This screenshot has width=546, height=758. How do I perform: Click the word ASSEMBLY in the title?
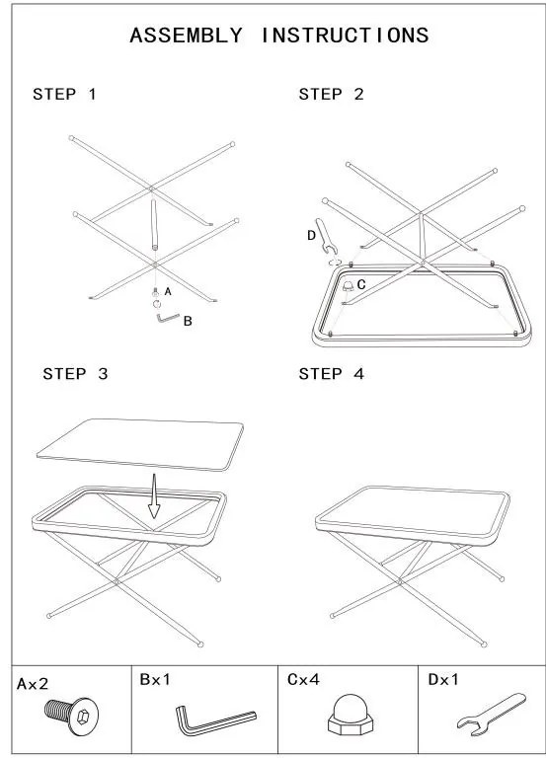186,36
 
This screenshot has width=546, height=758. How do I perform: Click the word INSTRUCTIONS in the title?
345,36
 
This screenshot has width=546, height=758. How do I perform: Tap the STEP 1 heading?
64,94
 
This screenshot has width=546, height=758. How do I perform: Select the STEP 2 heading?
331,94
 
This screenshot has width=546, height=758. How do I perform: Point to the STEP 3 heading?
75,374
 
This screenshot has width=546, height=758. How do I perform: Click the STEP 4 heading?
331,374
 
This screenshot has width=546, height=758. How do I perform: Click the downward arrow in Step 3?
154,496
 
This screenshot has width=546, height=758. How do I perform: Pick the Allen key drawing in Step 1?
167,319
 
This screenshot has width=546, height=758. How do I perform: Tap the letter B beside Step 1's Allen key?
188,321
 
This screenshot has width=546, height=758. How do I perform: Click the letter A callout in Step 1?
168,291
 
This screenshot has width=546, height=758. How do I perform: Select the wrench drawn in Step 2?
327,237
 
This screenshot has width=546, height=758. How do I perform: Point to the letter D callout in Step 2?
311,236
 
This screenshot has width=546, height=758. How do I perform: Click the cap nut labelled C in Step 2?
348,285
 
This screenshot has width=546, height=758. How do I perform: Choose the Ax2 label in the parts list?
33,684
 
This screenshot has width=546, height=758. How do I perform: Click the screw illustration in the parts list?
71,716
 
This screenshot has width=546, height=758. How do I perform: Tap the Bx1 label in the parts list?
155,680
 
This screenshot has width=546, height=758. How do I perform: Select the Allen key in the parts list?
215,720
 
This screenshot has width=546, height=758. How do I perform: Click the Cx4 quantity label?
303,680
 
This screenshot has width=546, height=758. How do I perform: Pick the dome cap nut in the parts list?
351,715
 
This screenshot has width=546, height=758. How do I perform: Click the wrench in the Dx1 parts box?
491,715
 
